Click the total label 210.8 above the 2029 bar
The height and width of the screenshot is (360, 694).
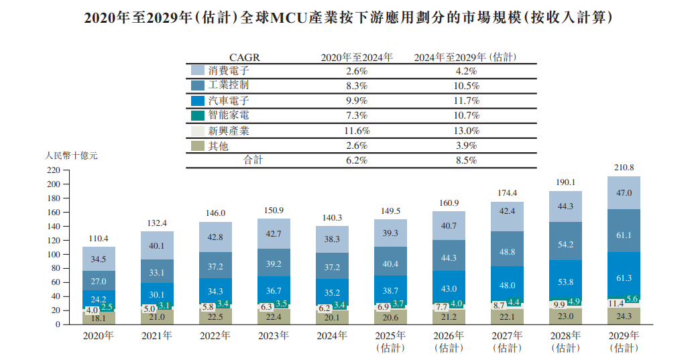pos(624,168)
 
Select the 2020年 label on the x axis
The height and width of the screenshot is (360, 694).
pos(99,335)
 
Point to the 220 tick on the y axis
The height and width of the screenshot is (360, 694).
pos(54,170)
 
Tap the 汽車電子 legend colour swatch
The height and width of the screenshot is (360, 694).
pos(198,101)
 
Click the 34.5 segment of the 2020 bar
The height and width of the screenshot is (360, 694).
pos(99,258)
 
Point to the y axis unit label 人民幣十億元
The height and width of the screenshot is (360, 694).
pos(72,156)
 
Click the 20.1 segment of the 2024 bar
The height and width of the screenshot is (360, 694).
pos(332,317)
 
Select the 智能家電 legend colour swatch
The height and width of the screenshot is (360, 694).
pos(198,115)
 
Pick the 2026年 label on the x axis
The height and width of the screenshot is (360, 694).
pos(449,335)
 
